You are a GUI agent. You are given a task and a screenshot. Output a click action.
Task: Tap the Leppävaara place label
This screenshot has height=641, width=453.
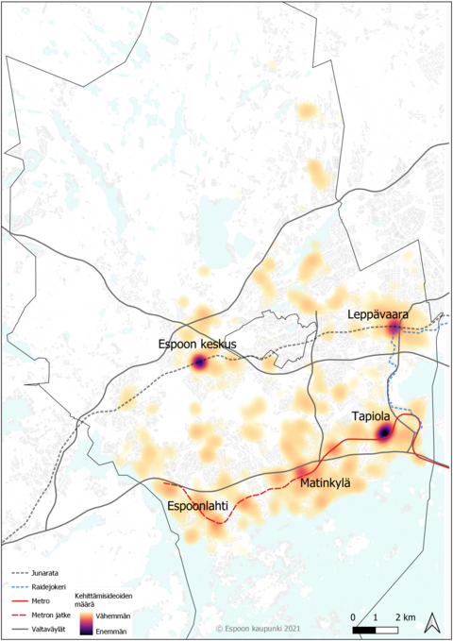pos(377,312)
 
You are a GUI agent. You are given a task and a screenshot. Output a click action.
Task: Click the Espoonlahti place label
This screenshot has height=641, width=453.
pos(198,507)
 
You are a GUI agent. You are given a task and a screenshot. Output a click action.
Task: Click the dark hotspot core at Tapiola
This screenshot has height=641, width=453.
pos(384,432)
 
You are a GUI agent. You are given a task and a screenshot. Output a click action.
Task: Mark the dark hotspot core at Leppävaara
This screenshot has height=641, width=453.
pos(394,329)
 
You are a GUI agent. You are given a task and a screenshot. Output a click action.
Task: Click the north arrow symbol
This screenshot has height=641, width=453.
pos(431,622)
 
